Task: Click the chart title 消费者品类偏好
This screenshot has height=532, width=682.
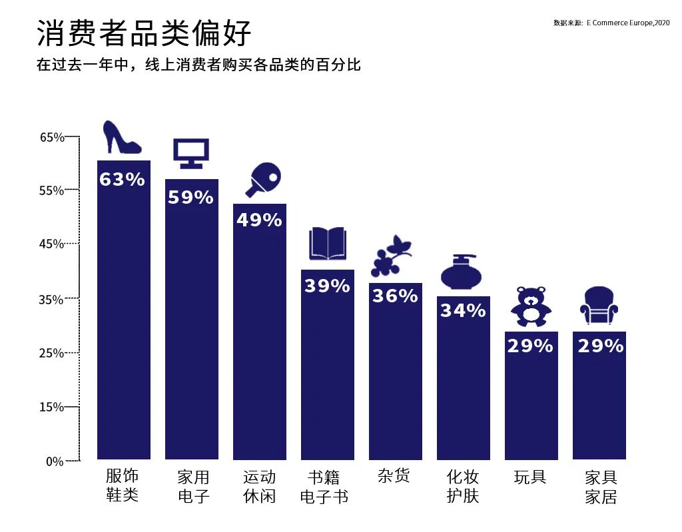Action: point(145,33)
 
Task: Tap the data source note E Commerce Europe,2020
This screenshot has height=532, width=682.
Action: point(611,23)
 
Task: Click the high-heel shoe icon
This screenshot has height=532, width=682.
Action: point(122,138)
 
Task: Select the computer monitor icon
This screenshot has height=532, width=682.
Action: point(191,153)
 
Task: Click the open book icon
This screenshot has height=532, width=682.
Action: point(327,244)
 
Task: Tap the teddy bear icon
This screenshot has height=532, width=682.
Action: point(531,307)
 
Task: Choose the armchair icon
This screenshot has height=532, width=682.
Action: point(599,306)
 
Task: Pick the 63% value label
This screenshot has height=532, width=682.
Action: point(123,179)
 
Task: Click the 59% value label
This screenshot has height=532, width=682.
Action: point(191,197)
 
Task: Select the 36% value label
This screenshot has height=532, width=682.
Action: point(395,296)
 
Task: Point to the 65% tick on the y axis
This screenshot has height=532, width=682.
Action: point(53,138)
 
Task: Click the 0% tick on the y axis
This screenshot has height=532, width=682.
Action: point(55,461)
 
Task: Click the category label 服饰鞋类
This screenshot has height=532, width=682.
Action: point(123,485)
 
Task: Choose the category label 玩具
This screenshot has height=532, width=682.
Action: point(530,477)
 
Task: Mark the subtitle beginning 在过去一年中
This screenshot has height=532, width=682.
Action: point(198,65)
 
